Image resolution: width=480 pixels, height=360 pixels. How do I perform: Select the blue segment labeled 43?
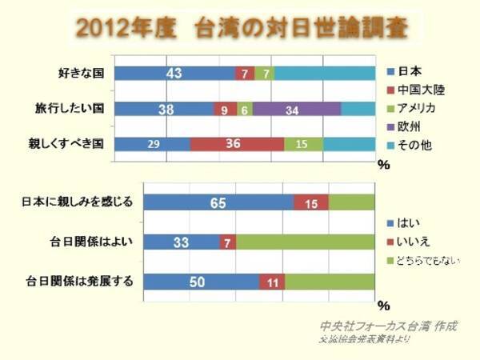point(174,74)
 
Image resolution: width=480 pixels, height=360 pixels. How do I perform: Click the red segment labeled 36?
point(237,144)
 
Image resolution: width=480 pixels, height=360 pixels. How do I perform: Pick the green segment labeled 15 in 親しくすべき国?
point(303,144)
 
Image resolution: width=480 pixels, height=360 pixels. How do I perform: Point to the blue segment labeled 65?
point(218,203)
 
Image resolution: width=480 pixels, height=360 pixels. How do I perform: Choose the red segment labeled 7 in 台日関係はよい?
point(228,242)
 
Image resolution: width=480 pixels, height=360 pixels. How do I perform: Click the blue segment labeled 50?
point(201,281)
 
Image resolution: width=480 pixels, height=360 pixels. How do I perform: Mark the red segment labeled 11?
point(272,281)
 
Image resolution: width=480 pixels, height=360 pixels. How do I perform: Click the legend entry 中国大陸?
point(419,90)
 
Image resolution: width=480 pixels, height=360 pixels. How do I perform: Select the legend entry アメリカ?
point(419,110)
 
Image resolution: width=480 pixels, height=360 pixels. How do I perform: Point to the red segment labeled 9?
point(226,110)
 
